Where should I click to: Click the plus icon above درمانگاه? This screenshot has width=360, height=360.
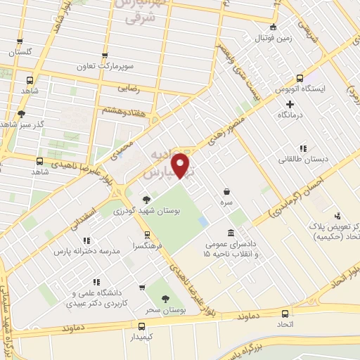289,103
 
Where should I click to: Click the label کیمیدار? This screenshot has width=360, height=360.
142,337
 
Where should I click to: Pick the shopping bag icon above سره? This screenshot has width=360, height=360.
226,191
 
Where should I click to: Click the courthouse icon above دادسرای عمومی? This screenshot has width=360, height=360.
231,233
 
